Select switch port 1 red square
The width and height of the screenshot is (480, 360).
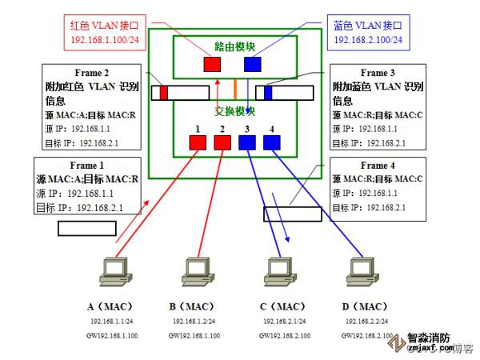[x=198, y=142]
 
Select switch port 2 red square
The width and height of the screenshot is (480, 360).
[x=222, y=142]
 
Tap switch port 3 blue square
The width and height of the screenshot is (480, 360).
[x=247, y=142]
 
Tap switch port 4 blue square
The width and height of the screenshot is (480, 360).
[x=272, y=142]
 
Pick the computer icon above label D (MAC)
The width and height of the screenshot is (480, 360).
[x=358, y=271]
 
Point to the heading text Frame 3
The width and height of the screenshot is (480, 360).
[x=378, y=72]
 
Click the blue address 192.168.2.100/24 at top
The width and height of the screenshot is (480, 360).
[x=369, y=39]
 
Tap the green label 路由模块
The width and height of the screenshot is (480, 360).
[x=236, y=46]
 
